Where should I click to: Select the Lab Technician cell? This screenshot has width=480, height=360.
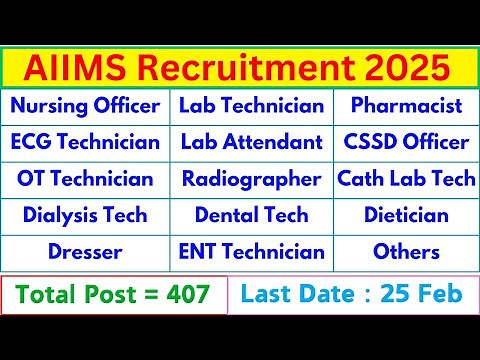click(252, 106)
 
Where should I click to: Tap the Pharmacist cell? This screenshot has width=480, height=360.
click(406, 106)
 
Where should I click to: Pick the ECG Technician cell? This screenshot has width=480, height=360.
click(86, 142)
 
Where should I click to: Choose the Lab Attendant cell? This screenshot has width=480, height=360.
click(252, 142)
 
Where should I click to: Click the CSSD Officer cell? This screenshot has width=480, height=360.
click(406, 142)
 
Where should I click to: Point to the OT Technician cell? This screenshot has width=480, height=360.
click(86, 179)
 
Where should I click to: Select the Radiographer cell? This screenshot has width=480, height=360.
click(252, 179)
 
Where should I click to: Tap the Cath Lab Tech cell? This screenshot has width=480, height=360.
click(406, 179)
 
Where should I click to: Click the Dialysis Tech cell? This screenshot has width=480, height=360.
click(86, 215)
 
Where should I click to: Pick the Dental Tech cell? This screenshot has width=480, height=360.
click(252, 215)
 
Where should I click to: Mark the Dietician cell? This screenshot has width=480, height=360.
click(406, 215)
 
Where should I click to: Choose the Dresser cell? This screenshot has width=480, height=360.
click(86, 252)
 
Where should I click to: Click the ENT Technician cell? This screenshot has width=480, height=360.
click(252, 252)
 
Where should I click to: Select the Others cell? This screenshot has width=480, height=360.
click(406, 252)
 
